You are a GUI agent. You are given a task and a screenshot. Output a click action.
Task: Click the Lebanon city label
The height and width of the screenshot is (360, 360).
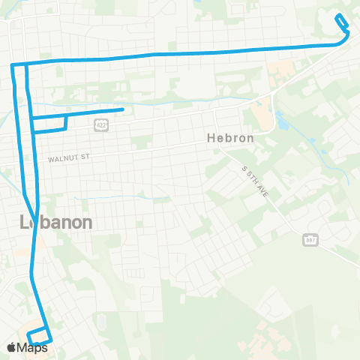click(55, 222)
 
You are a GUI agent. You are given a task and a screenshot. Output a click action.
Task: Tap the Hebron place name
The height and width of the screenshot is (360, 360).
click(229, 139)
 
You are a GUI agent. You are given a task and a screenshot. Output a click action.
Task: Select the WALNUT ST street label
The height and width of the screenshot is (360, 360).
click(68, 158)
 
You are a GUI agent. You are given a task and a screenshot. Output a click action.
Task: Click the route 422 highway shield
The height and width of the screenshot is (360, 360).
click(100, 126)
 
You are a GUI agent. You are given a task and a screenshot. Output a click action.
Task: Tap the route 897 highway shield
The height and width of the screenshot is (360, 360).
click(308, 238)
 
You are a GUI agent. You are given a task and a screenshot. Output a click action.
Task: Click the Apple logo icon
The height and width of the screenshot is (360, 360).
click(12, 347)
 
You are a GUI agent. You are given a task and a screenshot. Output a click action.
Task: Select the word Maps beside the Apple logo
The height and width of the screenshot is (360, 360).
click(34, 347)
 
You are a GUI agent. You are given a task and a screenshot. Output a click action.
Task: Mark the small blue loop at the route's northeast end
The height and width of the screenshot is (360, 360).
click(342, 22)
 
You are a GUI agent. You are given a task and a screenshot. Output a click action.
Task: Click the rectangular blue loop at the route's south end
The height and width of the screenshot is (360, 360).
click(39, 337)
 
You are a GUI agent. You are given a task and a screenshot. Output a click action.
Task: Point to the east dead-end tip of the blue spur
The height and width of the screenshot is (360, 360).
click(122, 110)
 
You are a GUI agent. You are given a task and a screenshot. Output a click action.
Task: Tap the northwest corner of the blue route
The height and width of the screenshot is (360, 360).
click(12, 66)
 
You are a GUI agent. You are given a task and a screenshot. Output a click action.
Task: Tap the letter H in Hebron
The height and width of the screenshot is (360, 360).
click(209, 139)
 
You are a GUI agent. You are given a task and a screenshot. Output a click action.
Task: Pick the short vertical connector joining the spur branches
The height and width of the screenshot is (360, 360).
click(67, 121)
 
